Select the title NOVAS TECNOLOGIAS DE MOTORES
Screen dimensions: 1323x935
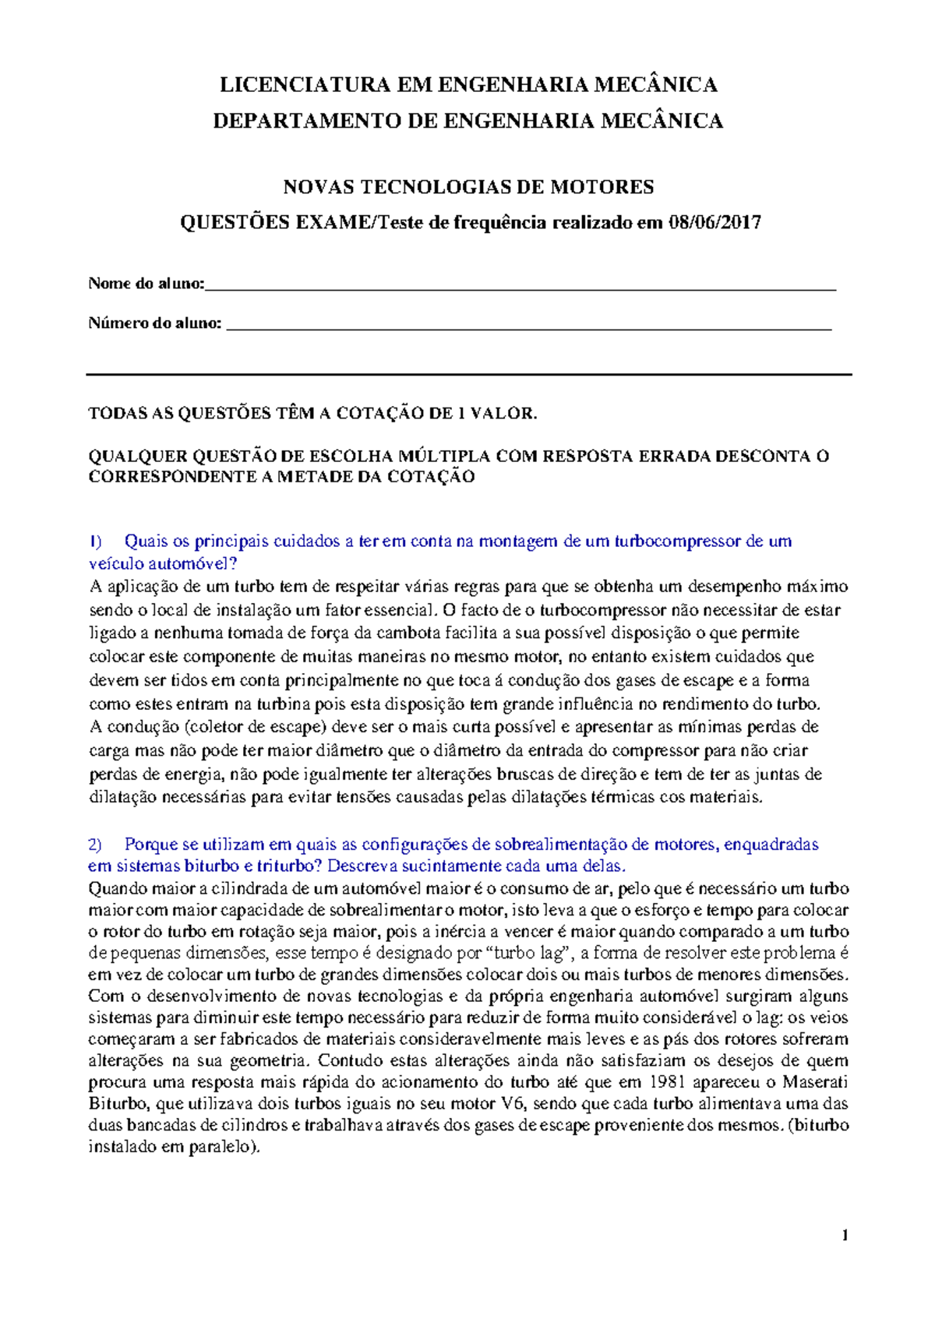467,187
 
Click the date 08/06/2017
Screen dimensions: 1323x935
714,223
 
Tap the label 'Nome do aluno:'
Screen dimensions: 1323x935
146,284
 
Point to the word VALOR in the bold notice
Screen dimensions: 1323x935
504,414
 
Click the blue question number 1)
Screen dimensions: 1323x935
95,541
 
